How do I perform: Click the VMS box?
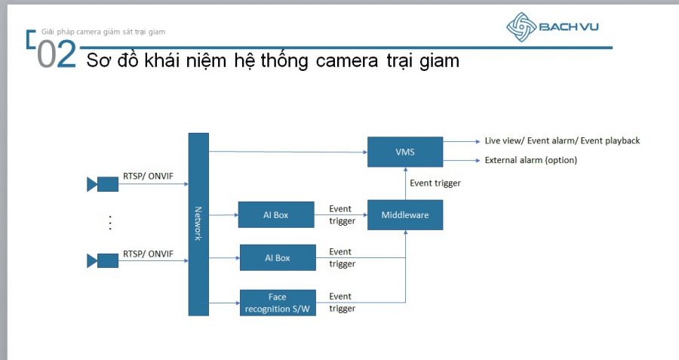[x=405, y=151]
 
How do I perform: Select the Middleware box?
[x=405, y=215]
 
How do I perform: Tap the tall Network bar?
[x=198, y=224]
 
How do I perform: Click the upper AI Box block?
[x=276, y=215]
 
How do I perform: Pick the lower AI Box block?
[x=278, y=257]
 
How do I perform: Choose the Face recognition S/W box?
[x=278, y=303]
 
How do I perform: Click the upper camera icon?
[x=103, y=183]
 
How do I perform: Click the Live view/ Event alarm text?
[x=562, y=141]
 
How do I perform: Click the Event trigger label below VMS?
[x=435, y=183]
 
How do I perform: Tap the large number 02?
[x=57, y=56]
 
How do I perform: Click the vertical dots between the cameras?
[x=110, y=222]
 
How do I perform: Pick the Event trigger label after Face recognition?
[x=341, y=302]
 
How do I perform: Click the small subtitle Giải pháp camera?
[x=103, y=32]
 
